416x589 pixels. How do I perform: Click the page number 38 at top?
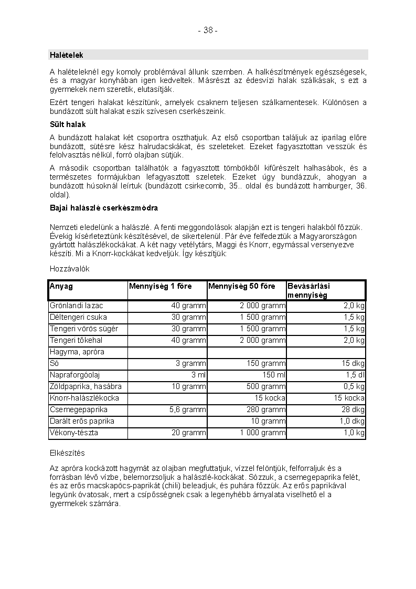(x=208, y=30)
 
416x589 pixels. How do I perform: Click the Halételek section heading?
(x=66, y=55)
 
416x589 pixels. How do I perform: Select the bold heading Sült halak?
(x=68, y=125)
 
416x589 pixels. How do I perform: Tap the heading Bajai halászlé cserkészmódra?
(x=103, y=208)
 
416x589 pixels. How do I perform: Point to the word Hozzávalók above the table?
(x=70, y=269)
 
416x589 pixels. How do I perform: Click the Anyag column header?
(x=61, y=287)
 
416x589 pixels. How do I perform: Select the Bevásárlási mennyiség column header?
(x=308, y=291)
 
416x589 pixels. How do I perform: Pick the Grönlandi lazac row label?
(x=77, y=306)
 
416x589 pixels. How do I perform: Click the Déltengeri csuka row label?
(x=78, y=317)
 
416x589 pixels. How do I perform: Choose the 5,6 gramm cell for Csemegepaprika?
(x=188, y=409)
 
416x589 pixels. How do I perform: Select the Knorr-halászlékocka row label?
(x=84, y=398)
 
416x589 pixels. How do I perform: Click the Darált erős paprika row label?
(x=82, y=421)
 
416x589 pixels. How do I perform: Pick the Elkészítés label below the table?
(x=67, y=453)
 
